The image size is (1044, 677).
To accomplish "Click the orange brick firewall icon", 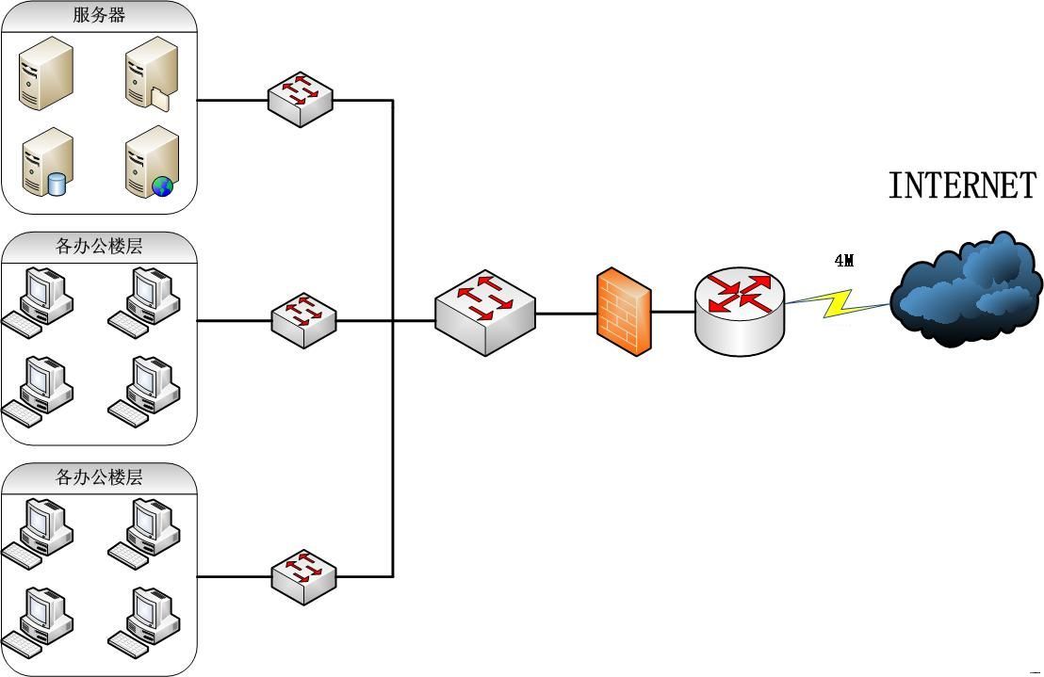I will coord(624,312).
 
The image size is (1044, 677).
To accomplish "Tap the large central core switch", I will coord(484,312).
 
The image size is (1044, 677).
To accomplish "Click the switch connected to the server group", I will coord(301,99).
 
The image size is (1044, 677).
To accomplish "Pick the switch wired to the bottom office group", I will coord(303,576).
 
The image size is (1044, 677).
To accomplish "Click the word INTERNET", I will coord(962,185).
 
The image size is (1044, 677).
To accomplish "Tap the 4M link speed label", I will coord(844,261).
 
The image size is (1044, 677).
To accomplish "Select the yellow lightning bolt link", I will coord(839,303).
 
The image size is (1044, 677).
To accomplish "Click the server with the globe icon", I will coord(152,163).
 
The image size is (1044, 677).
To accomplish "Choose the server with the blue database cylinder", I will coord(47,162).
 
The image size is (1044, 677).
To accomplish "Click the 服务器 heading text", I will coord(99,15).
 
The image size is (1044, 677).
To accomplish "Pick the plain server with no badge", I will coord(46,72).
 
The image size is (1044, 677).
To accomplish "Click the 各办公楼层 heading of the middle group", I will coord(99,247).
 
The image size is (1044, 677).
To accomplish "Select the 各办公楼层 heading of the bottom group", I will coord(99,477).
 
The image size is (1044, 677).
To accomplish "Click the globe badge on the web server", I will coord(163,185).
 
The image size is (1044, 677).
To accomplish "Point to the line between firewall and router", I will coord(673,312).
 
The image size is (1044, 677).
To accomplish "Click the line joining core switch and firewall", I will coord(565,313).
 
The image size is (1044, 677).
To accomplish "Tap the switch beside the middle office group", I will coord(303,320).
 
